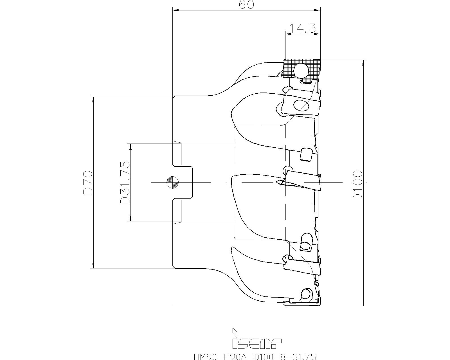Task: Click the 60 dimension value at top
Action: coord(246,5)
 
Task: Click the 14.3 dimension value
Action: coord(303,28)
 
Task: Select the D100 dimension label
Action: coord(358,185)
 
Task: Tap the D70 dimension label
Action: coord(88,182)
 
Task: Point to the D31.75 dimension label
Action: coord(125,182)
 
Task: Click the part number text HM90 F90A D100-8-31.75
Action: coord(255,357)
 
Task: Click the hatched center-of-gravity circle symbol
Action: coord(172,182)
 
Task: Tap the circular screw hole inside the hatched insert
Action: coord(301,70)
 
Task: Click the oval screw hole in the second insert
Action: coord(301,105)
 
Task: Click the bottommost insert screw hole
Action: coord(306,294)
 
